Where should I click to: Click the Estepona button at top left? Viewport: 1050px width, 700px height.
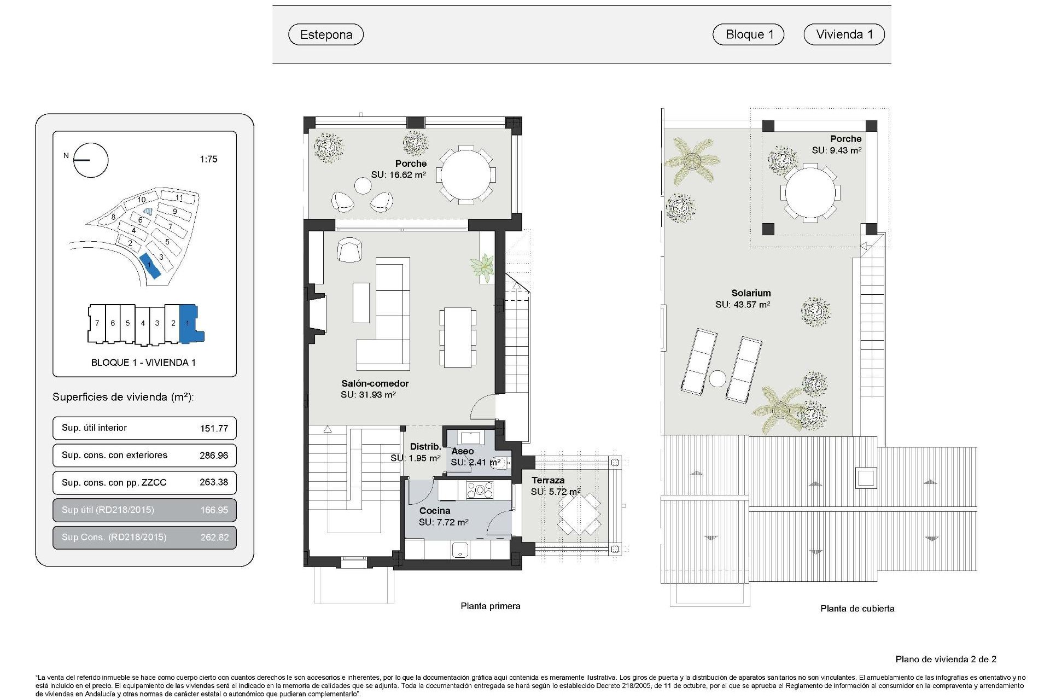point(326,34)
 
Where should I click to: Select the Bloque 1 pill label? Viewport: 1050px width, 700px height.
point(749,34)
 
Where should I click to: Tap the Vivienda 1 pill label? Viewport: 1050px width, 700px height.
point(844,34)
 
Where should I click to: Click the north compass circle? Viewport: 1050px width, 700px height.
point(91,160)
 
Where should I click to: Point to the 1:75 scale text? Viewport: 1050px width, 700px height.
point(208,159)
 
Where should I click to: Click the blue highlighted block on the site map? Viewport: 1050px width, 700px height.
point(149,266)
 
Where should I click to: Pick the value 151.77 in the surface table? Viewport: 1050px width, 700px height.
point(214,428)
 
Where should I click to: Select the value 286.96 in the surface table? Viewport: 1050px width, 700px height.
point(214,456)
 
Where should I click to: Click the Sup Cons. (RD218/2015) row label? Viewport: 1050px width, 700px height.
point(114,537)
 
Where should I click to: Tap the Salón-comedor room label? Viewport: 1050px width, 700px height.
point(375,383)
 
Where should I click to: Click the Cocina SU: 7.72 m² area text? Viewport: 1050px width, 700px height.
point(444,522)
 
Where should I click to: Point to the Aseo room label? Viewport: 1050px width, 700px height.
point(462,451)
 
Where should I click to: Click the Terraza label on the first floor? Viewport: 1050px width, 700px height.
point(547,480)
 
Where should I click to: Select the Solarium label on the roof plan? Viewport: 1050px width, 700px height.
point(751,293)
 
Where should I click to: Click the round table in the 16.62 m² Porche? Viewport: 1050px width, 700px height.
point(466,176)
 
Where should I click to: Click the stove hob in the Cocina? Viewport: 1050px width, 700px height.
point(480,490)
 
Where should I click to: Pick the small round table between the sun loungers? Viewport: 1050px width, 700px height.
point(717,378)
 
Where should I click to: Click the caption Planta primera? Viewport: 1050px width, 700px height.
point(490,606)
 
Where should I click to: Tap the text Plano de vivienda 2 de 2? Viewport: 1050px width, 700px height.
point(946,660)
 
